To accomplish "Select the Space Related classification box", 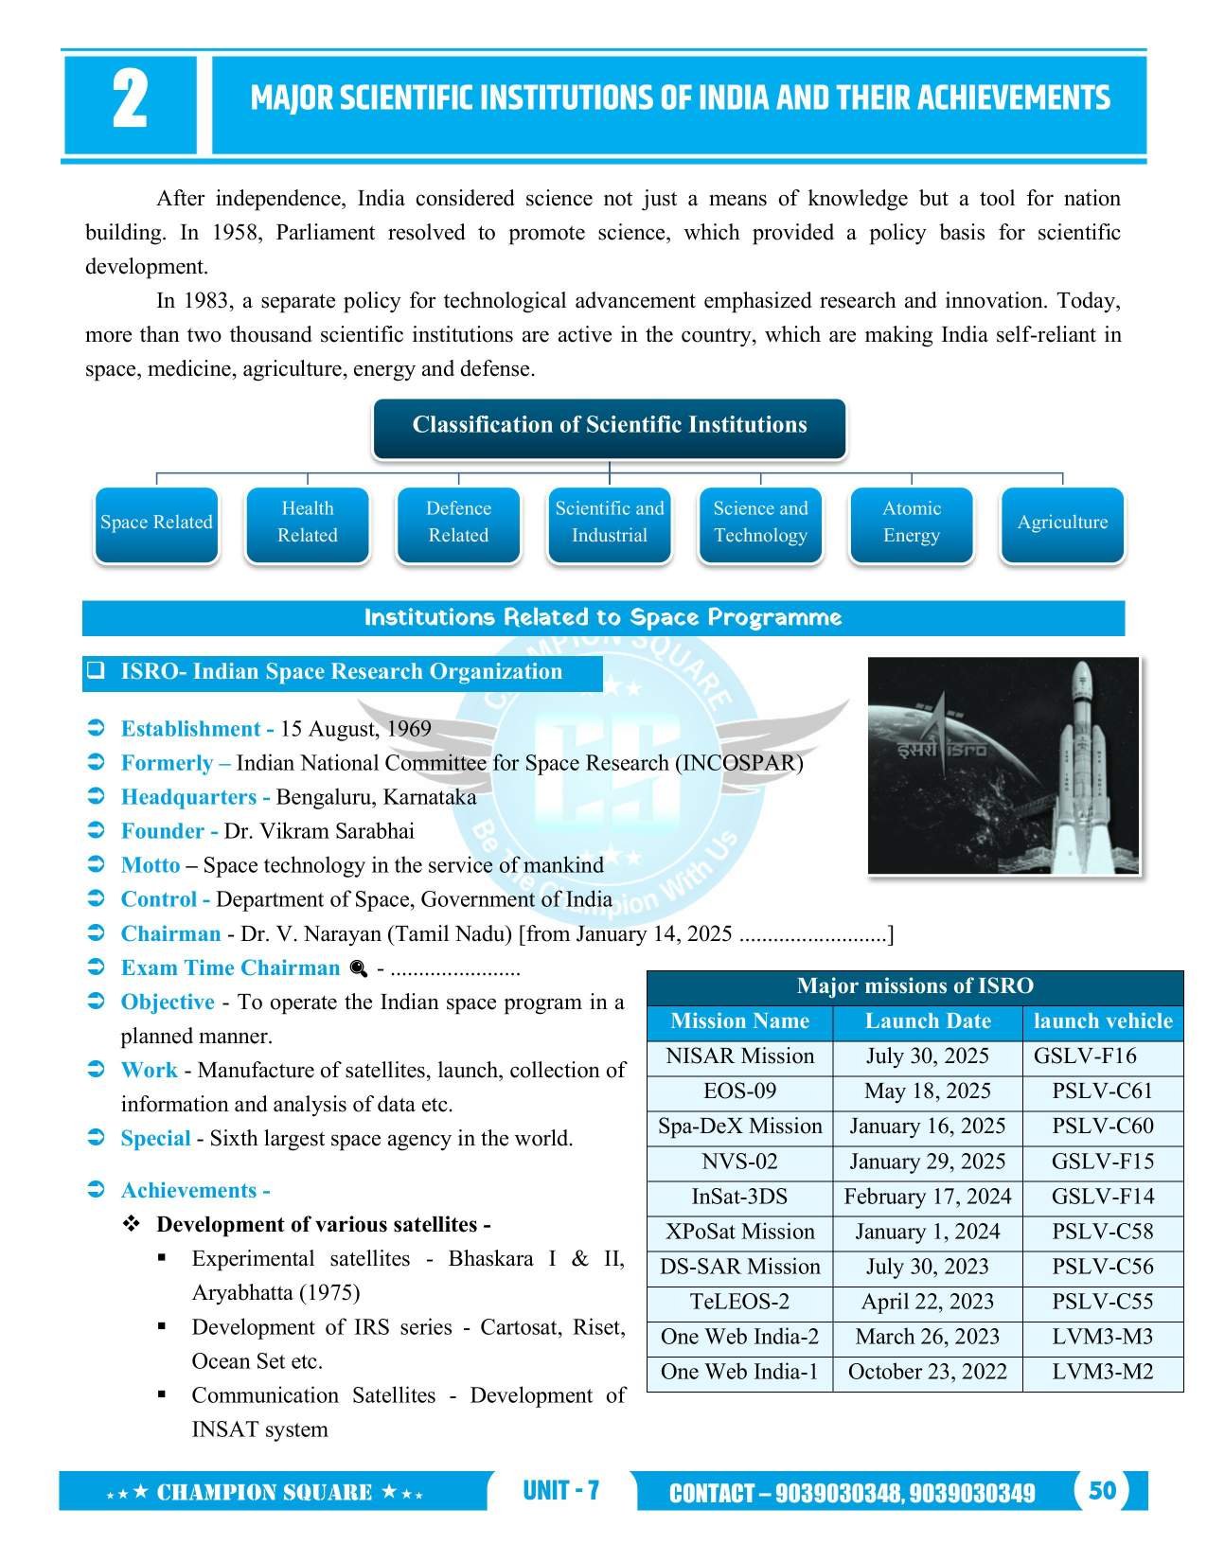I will [x=156, y=523].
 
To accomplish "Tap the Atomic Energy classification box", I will [x=911, y=523].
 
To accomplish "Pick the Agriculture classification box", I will [x=1062, y=523].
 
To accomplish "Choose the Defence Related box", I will [x=458, y=523].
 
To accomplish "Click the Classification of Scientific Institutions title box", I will [x=609, y=425].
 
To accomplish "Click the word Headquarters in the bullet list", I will [x=188, y=797].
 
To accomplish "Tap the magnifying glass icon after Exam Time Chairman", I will [x=358, y=968].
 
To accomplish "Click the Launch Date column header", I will [x=928, y=1021].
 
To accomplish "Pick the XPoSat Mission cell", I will [x=739, y=1232].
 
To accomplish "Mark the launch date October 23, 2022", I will [x=928, y=1372].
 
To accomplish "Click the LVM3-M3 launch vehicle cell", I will [x=1103, y=1337].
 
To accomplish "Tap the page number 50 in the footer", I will [x=1102, y=1491].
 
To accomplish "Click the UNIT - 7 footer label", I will [x=560, y=1491].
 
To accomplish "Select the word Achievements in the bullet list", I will [x=189, y=1191].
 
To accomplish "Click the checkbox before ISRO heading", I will [x=96, y=671].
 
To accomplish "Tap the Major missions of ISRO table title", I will [x=914, y=986].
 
